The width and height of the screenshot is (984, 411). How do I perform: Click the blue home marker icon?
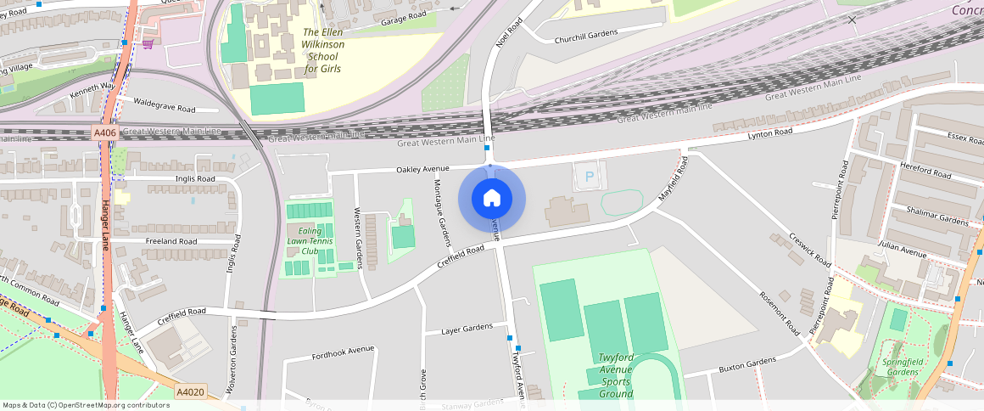click(491, 199)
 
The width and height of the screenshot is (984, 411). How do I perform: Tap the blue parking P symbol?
click(590, 178)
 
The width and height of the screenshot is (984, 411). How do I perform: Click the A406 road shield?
click(105, 132)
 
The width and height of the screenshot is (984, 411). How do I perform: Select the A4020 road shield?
click(190, 391)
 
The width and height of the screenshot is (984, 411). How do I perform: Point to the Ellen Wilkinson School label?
click(322, 50)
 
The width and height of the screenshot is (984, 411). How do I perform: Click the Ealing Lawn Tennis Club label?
click(309, 240)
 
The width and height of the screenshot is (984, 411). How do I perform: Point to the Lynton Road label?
click(769, 133)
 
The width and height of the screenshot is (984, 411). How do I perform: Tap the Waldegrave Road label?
click(165, 105)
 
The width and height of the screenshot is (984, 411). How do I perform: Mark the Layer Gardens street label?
click(467, 328)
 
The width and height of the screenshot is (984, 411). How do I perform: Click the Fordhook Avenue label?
click(343, 350)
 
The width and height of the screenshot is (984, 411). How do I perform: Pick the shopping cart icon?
click(147, 43)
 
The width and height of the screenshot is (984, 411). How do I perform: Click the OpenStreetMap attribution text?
click(86, 405)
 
